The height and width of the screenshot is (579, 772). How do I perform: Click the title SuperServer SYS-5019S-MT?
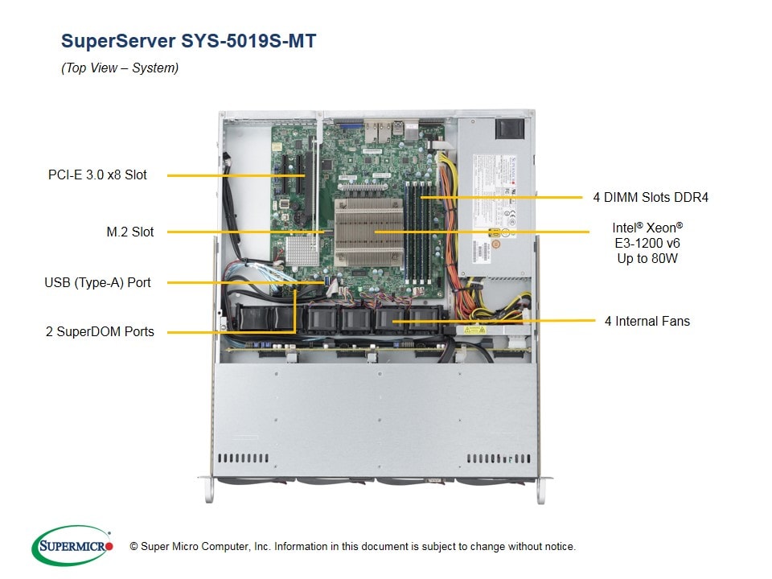coord(189,40)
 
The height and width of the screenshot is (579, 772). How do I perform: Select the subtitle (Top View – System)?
coord(120,68)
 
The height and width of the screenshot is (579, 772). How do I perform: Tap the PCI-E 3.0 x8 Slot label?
coord(97,175)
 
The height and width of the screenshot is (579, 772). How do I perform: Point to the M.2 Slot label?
coord(130,232)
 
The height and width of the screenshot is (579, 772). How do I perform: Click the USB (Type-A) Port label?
coord(97,282)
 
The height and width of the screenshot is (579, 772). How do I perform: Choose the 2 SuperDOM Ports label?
coord(100,331)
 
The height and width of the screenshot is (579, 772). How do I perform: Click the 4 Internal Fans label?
coord(647,321)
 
